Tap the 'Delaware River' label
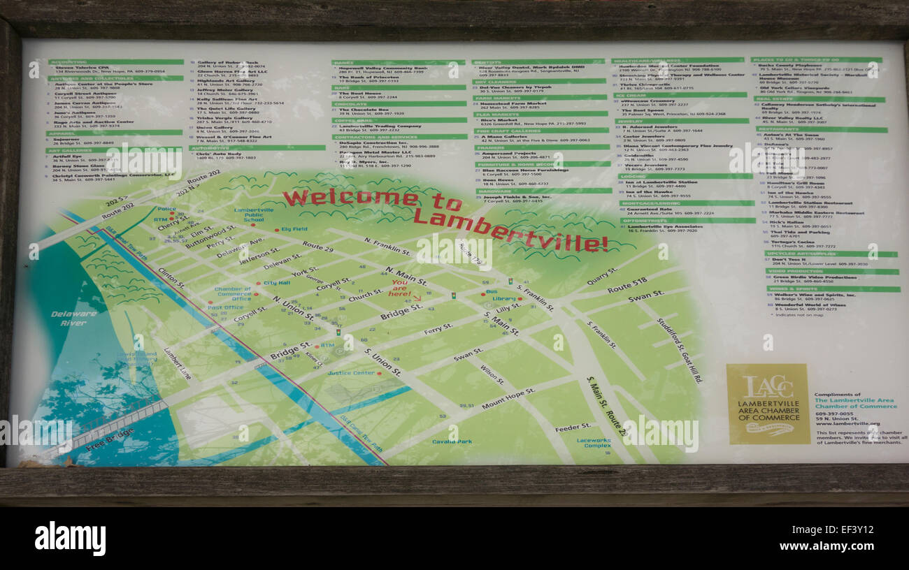tap(73, 319)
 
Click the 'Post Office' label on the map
tap(225, 307)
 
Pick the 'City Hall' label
tap(276, 283)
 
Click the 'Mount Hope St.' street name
tap(508, 398)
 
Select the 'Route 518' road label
tap(627, 285)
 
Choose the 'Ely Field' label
tap(294, 229)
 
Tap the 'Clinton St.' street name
tap(171, 277)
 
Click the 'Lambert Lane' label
tap(177, 363)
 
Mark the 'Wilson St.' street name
tap(492, 375)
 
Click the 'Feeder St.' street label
tap(573, 427)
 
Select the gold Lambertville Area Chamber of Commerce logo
tap(768, 404)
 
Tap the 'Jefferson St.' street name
tap(259, 254)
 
